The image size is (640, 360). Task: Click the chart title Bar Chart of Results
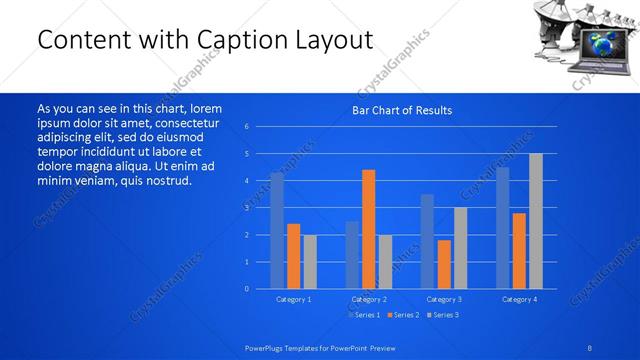click(402, 110)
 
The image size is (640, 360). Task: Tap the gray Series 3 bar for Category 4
click(536, 221)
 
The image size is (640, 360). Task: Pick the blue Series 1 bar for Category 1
click(277, 230)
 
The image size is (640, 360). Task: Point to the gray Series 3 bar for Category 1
click(310, 261)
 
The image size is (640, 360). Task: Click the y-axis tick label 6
click(247, 127)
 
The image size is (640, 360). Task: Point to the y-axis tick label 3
click(247, 208)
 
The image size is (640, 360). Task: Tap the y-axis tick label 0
click(247, 289)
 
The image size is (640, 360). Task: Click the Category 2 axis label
click(368, 299)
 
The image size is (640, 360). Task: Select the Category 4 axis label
click(519, 299)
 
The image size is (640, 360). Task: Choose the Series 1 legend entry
click(363, 315)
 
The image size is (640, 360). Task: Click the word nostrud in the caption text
click(166, 180)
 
